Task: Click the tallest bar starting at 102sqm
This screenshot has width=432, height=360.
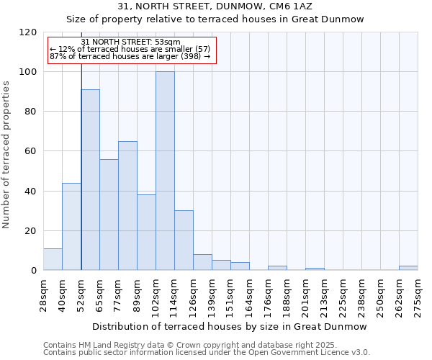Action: coord(165,171)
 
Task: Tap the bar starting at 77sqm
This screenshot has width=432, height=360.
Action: coord(127,206)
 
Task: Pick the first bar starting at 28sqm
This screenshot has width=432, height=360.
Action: coord(53,259)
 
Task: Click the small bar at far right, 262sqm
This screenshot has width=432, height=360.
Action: coord(408,268)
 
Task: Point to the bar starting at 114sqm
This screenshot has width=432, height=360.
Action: coord(184,240)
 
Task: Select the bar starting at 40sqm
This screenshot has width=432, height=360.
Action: coord(71,227)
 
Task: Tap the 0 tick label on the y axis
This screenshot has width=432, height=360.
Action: coord(33,271)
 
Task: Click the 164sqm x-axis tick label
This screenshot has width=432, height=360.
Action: coord(249,293)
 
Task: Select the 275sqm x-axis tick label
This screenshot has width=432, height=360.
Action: coord(418,293)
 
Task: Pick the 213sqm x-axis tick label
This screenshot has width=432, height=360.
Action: coord(324,293)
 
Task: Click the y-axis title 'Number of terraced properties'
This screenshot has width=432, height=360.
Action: coord(6,155)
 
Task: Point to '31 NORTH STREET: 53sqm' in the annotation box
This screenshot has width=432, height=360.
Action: coord(130,42)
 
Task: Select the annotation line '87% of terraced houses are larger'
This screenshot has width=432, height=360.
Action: coord(130,56)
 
